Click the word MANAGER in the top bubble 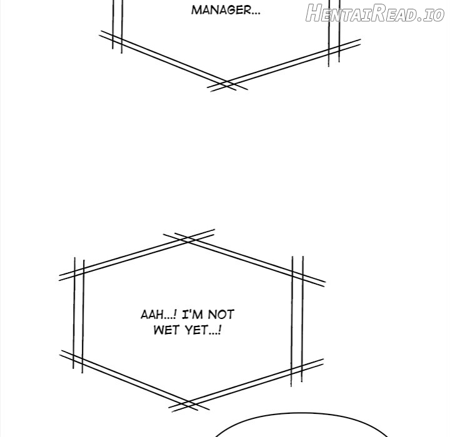(221, 11)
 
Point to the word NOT (221, 315)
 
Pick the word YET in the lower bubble (196, 330)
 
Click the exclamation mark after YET (219, 330)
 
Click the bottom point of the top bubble (227, 85)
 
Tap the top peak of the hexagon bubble (188, 239)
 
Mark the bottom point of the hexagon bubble (188, 405)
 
